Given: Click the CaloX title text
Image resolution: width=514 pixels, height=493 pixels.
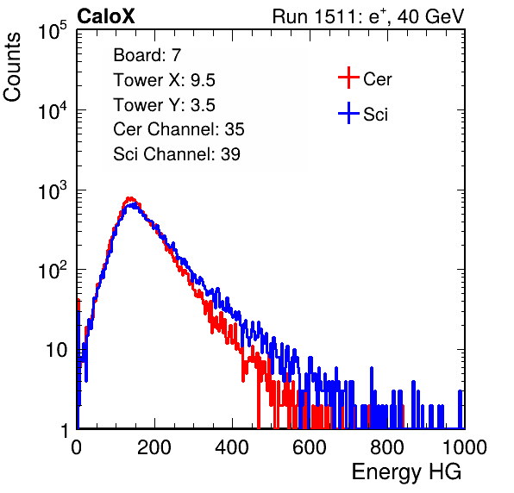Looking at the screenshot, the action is pos(106,16).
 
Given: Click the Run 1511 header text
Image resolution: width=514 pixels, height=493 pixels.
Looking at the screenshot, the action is pos(368,16).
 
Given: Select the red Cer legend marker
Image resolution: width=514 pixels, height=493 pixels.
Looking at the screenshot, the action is pos(348,78).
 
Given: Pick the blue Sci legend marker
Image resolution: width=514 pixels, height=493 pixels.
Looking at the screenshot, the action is pos(348,114).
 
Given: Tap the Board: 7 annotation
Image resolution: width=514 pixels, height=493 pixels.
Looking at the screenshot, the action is pos(147,55).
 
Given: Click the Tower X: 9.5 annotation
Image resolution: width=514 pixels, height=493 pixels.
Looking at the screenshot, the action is pos(164,80).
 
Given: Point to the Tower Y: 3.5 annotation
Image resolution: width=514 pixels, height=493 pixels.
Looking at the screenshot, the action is pos(164,105).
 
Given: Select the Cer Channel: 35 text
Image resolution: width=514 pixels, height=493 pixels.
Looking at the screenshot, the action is pos(179,129).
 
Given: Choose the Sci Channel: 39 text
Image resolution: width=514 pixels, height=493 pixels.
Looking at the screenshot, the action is pos(177,154).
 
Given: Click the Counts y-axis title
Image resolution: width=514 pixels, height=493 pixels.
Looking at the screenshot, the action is pos(12,67).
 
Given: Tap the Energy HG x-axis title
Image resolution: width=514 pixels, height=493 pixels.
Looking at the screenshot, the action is pos(406,472).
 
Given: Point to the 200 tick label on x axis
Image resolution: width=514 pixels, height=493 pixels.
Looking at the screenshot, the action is pos(154,447).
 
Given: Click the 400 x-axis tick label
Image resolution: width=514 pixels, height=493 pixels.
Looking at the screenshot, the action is pos(232,447).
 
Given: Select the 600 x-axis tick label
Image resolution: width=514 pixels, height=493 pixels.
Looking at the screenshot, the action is pos(310,447).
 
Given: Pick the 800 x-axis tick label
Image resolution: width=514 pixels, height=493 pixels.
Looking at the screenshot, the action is pos(387,447).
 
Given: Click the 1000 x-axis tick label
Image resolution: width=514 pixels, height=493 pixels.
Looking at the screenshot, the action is pos(465,447).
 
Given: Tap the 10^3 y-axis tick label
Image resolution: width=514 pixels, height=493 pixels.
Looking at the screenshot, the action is pos(53,190).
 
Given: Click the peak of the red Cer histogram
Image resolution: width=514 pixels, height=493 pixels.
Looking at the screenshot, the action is pos(130,198).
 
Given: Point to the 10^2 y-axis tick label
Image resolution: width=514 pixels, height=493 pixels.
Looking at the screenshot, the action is pos(53,270).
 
